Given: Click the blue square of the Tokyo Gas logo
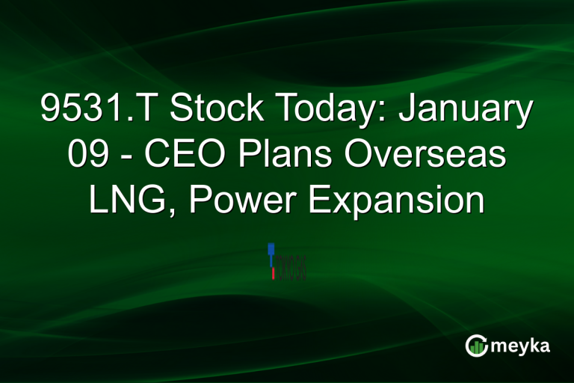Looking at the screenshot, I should (271, 248).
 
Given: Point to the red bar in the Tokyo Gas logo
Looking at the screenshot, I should (273, 273).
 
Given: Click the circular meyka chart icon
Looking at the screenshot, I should (477, 345).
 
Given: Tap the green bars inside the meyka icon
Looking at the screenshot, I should (477, 346).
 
